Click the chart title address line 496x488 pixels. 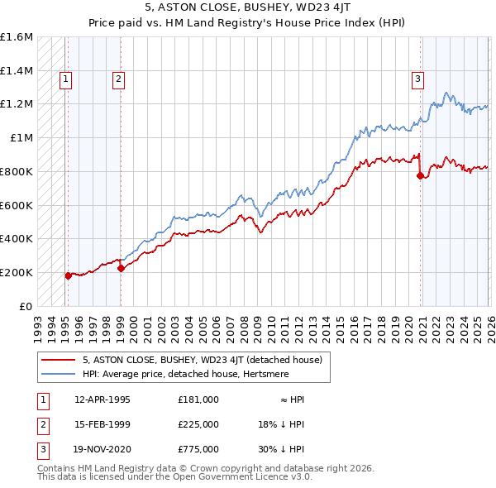pyautogui.click(x=247, y=7)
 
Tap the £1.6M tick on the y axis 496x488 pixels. pyautogui.click(x=17, y=37)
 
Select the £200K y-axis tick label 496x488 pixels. pyautogui.click(x=17, y=272)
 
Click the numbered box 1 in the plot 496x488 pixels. pyautogui.click(x=65, y=79)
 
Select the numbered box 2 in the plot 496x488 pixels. pyautogui.click(x=118, y=79)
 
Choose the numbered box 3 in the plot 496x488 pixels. pyautogui.click(x=418, y=79)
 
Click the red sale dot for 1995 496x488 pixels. pyautogui.click(x=68, y=275)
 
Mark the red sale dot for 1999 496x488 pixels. pyautogui.click(x=121, y=268)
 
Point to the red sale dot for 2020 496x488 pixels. pyautogui.click(x=420, y=175)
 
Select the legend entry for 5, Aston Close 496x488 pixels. pyautogui.click(x=207, y=360)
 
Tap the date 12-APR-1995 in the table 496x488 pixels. pyautogui.click(x=102, y=399)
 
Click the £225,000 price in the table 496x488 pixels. pyautogui.click(x=198, y=423)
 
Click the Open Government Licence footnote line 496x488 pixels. pyautogui.click(x=175, y=477)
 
